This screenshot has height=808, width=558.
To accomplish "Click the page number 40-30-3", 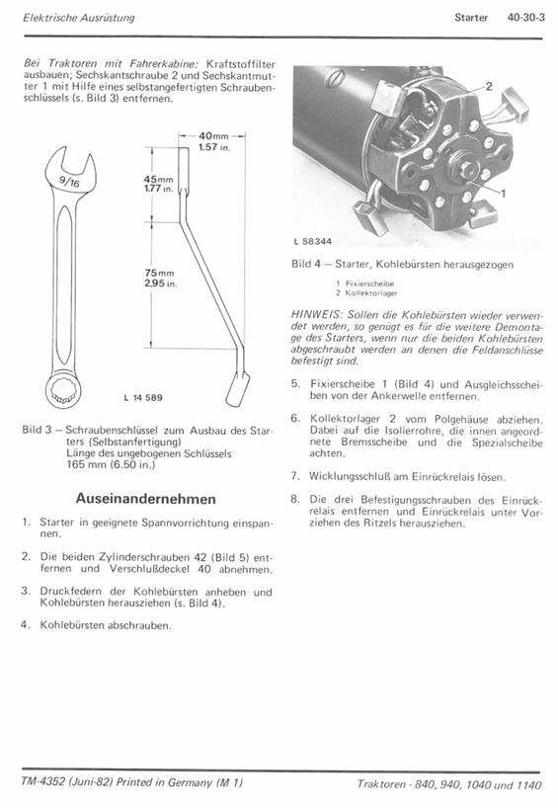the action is [525, 17].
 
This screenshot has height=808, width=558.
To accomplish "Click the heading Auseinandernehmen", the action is [146, 498].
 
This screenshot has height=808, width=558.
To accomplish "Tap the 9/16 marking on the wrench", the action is [69, 182].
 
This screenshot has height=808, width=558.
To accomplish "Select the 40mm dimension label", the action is [213, 136].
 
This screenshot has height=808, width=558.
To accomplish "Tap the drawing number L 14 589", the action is [143, 397].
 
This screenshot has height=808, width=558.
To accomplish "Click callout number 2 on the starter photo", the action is [489, 86].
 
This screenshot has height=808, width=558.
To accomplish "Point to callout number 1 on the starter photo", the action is [504, 194].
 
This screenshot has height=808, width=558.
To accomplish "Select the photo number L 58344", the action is [313, 241].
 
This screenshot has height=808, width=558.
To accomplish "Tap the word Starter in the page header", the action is [471, 17].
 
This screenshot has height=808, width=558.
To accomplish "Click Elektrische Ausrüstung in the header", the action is [79, 17].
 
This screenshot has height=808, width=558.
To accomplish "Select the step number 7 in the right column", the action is [294, 476].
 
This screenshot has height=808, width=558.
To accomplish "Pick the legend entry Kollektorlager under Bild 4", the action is [371, 292].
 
